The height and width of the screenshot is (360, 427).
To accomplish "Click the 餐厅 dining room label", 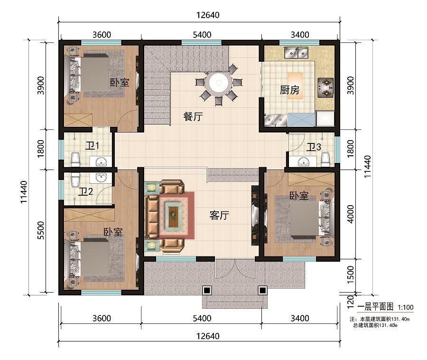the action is point(193,117).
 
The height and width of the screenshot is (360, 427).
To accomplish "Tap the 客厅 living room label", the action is point(219,215).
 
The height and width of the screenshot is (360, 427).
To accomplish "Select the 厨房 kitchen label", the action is point(289,90).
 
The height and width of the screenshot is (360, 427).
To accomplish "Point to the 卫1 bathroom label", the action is point(92,146).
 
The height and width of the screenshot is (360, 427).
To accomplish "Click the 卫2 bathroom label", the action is point(85,191).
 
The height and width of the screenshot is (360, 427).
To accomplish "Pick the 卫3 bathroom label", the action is point(314,147).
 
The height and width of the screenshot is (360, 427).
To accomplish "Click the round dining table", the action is point(218,83).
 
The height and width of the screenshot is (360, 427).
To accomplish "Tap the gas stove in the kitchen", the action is point(325,88).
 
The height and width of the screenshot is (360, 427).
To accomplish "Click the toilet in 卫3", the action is point(325,159).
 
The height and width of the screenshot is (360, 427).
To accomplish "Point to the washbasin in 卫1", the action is point(101,162).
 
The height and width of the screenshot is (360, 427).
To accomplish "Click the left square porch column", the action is point(207,290).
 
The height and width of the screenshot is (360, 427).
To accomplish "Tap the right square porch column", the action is point(262,290).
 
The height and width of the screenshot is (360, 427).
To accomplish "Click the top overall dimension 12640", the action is point(208,15).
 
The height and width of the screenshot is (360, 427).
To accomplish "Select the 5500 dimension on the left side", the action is point(40,230).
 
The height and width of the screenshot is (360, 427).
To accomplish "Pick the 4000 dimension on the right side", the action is point(351,214).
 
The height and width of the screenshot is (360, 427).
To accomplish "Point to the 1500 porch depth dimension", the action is point(351,275).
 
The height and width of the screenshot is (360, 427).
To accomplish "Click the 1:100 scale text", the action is point(406,307).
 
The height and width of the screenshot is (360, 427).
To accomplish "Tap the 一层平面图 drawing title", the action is point(375,307).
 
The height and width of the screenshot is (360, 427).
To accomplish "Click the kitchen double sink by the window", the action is point(296,53).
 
